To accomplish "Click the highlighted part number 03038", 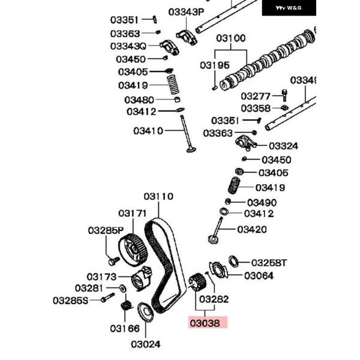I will point(206,323).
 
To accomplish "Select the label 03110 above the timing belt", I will point(158,196).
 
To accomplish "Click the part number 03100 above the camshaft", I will point(231,38).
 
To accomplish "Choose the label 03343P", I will point(186,11).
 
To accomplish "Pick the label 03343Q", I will point(128,46).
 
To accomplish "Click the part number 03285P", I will point(106,230).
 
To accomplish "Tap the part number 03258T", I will point(269,262).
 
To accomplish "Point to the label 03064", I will point(258,276).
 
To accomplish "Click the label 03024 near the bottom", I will point(146,344).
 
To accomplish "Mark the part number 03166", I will point(124,328).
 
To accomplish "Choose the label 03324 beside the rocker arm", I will point(283,146).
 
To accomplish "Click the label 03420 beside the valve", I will point(252,229).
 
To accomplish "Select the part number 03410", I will point(148,131).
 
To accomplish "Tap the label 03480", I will point(139,100).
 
